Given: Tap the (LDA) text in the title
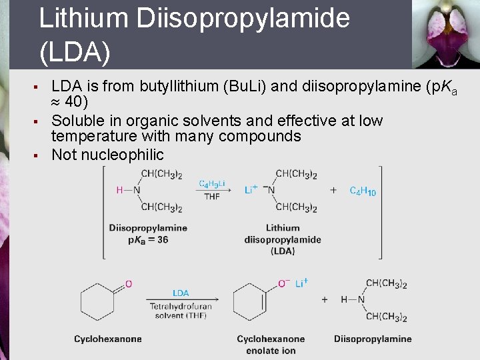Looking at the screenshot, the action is coord(75,52).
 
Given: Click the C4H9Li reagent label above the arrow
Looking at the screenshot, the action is coord(212,183).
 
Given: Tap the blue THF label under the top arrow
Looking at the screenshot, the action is coord(212,197).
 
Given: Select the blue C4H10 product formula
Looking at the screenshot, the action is coord(363,191).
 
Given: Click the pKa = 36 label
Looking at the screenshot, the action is coord(148,239).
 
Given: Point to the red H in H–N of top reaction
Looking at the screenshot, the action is coord(120,190).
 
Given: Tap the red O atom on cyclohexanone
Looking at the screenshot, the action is coord(129,284).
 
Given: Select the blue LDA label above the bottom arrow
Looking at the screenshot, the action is coord(180,293).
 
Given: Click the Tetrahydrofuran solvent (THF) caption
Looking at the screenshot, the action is coord(178,311).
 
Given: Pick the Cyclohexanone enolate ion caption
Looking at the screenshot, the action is coord(271,345).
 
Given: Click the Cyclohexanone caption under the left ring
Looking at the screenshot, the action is coord(108,339).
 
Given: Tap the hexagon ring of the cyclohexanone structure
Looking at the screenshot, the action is coord(99,301).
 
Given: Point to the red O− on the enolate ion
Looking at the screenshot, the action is coord(283,284).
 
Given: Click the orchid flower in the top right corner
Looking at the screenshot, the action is coord(444,33).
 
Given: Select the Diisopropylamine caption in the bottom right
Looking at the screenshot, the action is coord(373,339).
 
